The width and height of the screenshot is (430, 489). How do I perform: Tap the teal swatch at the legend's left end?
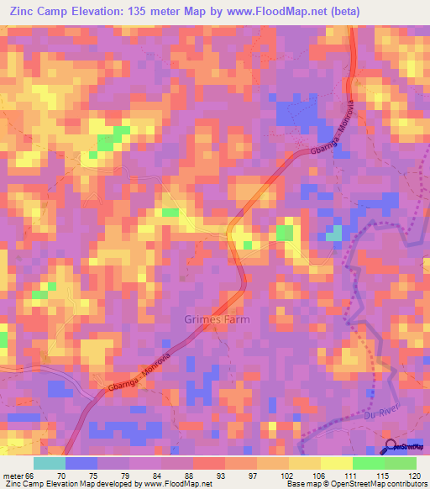(x=49, y=463)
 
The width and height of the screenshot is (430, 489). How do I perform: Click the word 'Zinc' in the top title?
(x=24, y=12)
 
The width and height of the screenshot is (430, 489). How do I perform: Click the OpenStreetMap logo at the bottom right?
(x=406, y=446)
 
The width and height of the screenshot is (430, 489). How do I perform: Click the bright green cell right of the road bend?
(x=285, y=233)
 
